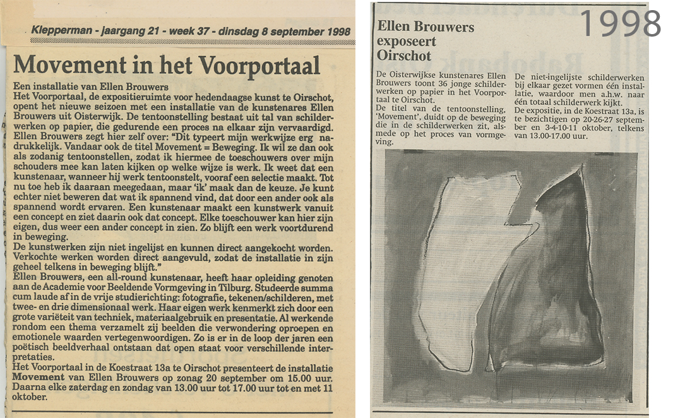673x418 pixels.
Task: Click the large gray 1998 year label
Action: point(620,24)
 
